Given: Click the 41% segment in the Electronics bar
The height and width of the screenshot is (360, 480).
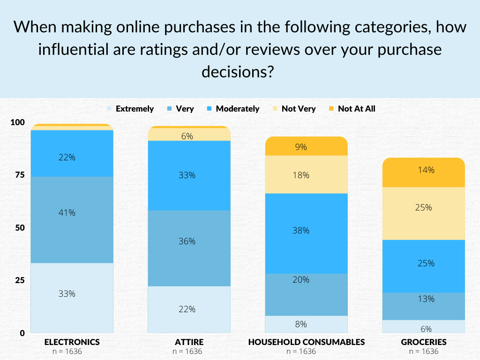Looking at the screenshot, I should pos(72,212).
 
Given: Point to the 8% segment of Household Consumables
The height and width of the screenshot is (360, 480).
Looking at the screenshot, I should pos(306,324).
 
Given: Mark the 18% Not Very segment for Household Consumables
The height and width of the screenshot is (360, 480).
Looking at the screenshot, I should pos(306,174).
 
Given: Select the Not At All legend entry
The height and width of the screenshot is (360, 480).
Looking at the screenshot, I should pos(357,109).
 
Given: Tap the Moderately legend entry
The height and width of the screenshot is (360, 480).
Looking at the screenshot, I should pos(237,109).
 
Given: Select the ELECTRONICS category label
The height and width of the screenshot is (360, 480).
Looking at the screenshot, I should pos(72,341).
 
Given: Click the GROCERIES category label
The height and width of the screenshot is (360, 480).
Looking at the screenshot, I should pos(423,341).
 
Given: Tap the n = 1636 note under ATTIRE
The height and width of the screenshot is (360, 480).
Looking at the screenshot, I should pos(189,351).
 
